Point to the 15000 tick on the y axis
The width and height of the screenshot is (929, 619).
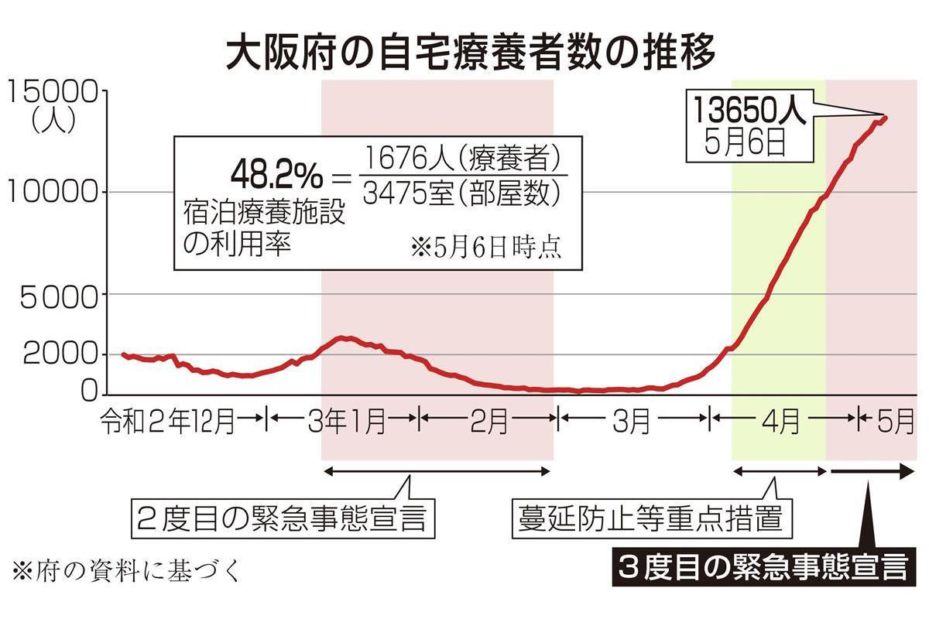pos(53,93)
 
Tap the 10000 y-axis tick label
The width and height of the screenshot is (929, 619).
pos(53,192)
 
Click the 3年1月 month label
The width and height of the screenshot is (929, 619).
pos(346,422)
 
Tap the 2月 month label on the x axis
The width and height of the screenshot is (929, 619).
pos(488,422)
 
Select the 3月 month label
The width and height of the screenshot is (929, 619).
pos(632,422)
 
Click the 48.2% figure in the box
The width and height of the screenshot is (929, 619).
pos(276,177)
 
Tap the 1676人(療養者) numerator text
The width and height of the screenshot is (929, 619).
pos(461,159)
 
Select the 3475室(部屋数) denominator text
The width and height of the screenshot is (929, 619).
pos(461,193)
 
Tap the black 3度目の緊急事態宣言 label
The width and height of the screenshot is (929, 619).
pos(763,569)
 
